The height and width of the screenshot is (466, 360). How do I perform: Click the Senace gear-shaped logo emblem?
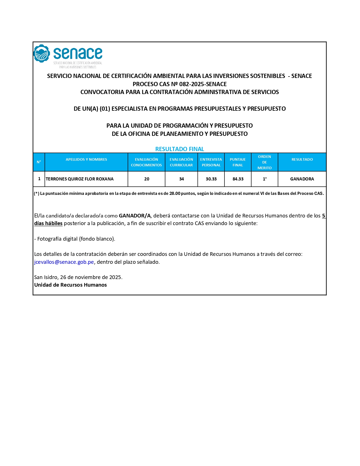(42, 53)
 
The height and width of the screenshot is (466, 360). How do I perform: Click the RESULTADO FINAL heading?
(180, 149)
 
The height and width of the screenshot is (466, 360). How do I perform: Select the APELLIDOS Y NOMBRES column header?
(86, 160)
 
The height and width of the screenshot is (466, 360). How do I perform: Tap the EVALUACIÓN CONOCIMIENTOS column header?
(146, 162)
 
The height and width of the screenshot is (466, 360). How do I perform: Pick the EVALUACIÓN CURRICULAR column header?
(181, 162)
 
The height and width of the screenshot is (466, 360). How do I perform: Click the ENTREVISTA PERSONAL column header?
(211, 162)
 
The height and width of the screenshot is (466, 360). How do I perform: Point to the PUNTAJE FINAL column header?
(238, 162)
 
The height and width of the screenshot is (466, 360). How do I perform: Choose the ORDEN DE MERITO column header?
(265, 162)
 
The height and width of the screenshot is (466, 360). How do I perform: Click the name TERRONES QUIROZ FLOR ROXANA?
(80, 179)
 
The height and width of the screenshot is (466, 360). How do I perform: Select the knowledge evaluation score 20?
(147, 179)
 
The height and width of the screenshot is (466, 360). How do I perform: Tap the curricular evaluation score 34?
(182, 179)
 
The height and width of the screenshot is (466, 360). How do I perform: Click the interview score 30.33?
(211, 179)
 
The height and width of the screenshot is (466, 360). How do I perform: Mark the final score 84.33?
(238, 179)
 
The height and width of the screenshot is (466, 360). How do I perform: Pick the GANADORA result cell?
(302, 179)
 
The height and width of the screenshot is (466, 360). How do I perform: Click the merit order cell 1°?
(265, 179)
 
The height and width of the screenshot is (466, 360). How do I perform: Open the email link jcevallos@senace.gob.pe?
(64, 262)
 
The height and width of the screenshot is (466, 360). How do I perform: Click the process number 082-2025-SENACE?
(203, 84)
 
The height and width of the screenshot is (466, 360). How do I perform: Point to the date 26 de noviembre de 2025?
(91, 277)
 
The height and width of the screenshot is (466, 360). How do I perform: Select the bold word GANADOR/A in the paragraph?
(135, 216)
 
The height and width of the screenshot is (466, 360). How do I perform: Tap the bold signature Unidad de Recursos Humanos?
(71, 285)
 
